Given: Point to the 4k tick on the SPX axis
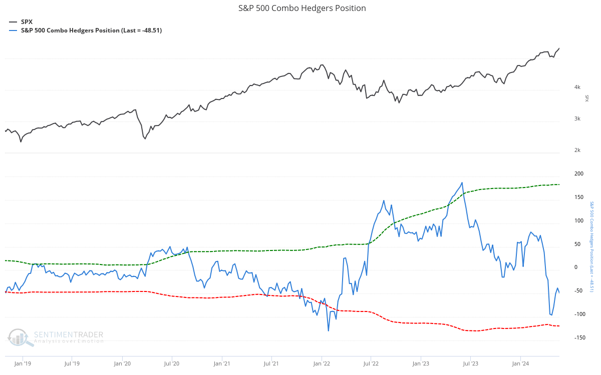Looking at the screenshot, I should coord(577,87).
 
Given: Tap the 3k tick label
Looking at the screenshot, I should coord(577,119).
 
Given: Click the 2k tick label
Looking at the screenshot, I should coord(577,150).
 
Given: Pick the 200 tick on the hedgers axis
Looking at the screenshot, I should coord(579,174).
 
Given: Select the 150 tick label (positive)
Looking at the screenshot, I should coord(579,197).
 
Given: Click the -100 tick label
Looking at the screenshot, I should coord(578,314).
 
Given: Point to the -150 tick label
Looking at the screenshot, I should coord(578,338).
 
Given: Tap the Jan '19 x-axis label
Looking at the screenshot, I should coord(23,363).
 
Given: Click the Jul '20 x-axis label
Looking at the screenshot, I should coord(171,363).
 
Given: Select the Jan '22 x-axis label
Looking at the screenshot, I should coord(321,363).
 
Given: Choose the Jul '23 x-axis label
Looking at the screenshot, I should coord(470,363).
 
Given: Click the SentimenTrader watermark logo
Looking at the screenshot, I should coord(55,337).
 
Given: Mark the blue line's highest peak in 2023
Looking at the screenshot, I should coord(462,182).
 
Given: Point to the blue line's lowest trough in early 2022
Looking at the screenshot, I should coord(329,330).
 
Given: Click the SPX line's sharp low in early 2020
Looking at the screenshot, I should coord(145,138).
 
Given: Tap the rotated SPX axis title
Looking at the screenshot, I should coord(587,98).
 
